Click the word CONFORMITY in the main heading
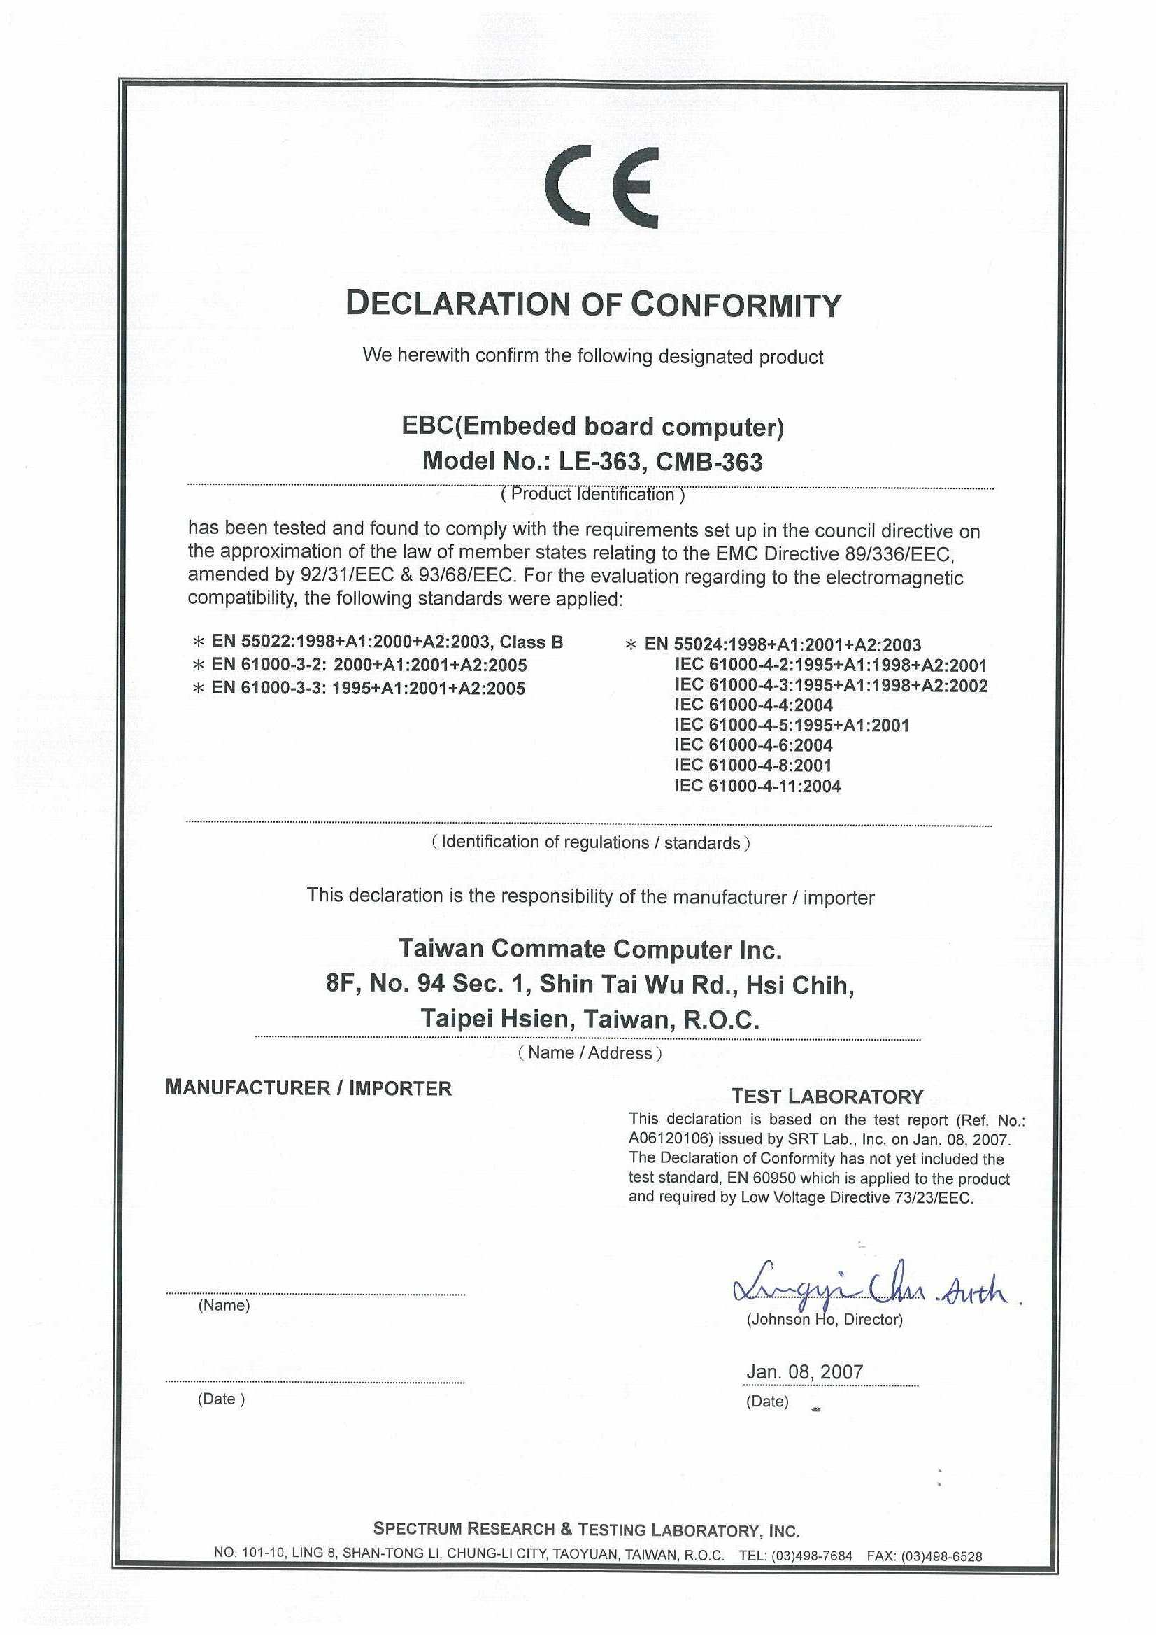click(736, 305)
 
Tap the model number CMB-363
click(708, 463)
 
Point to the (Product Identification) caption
click(592, 495)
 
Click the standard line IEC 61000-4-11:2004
click(757, 786)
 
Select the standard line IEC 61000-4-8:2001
click(752, 766)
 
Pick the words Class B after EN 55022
click(531, 642)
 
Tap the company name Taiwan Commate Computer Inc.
click(590, 949)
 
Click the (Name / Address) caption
click(590, 1052)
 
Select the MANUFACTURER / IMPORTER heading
click(308, 1088)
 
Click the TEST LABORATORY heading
click(827, 1096)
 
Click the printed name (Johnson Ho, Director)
click(824, 1320)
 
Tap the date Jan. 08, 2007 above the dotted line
click(804, 1371)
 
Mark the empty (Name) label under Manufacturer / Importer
click(224, 1306)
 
